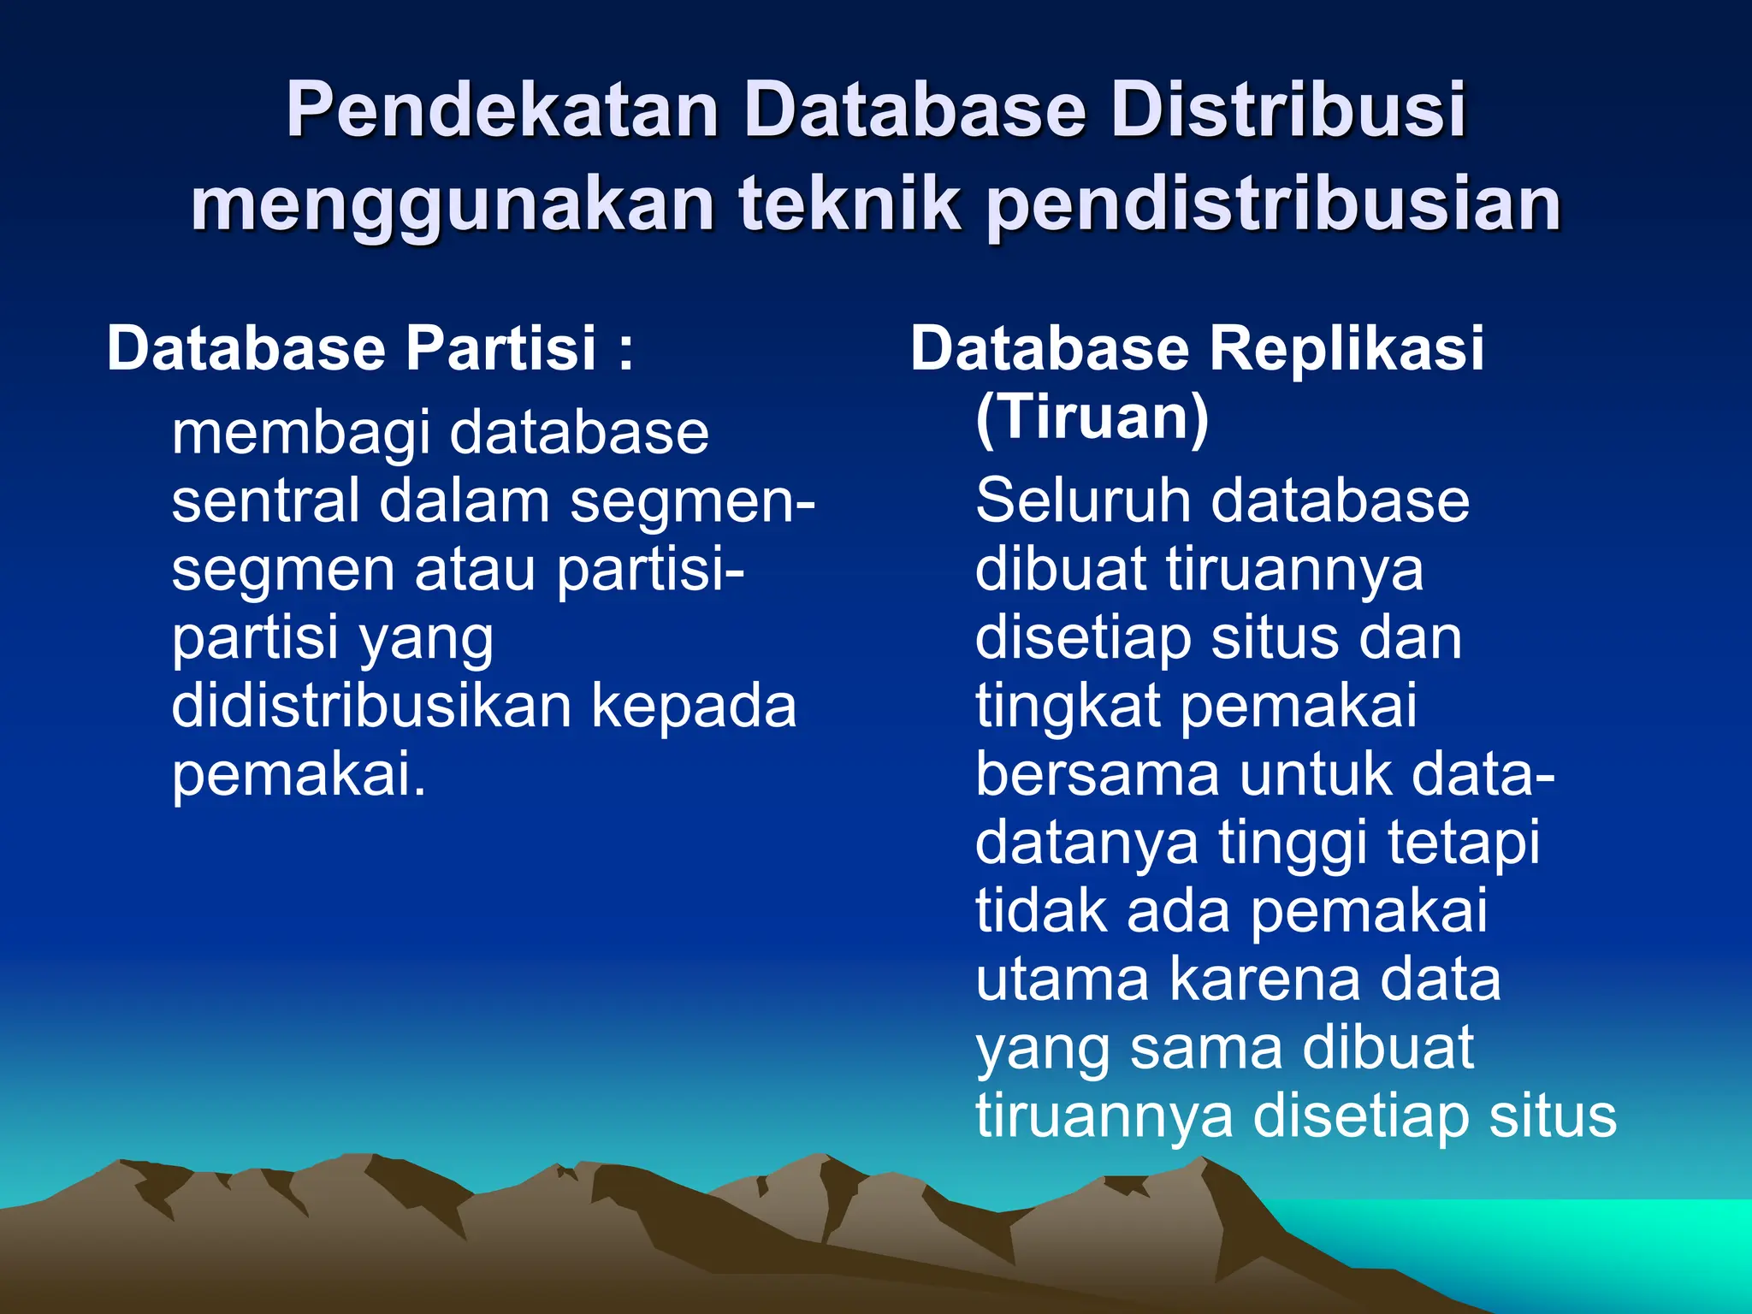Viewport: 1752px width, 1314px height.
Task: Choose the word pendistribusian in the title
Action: pos(1275,205)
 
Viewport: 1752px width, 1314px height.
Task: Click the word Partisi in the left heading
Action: pos(500,349)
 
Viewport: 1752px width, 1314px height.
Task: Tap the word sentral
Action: pos(264,501)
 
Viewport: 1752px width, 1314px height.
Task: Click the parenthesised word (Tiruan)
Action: pos(1092,417)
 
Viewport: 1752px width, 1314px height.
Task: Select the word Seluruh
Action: pos(1081,501)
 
